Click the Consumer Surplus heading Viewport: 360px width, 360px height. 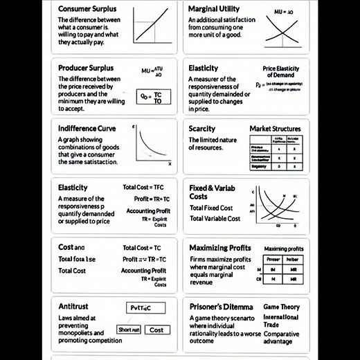[x=87, y=9]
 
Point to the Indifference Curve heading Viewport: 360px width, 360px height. [x=87, y=128]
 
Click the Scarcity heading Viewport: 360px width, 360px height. [x=201, y=128]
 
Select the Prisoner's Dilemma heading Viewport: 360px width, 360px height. [x=222, y=305]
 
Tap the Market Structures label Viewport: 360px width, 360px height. [x=275, y=129]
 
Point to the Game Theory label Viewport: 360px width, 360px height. [x=282, y=306]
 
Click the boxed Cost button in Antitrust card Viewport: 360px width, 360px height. [x=156, y=330]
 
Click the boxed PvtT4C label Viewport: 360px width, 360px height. [x=145, y=308]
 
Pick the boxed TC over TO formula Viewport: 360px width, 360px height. [x=153, y=97]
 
